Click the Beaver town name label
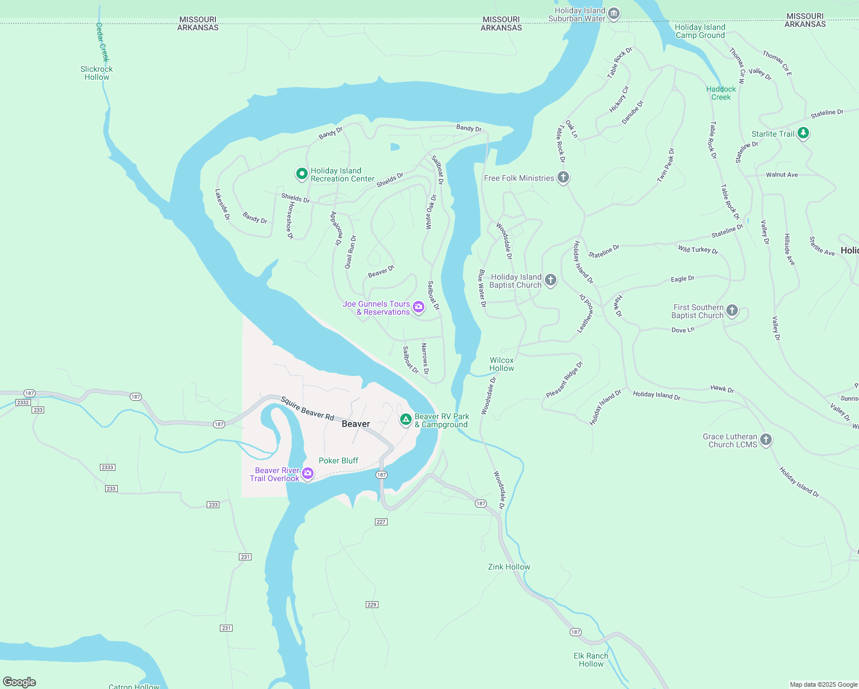pos(355,424)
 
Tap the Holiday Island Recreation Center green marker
pos(301,173)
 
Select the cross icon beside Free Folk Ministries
pos(563,177)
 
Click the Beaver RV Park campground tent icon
pos(406,420)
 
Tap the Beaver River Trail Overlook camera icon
pos(308,474)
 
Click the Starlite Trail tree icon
pos(803,133)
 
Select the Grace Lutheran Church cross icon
pos(765,440)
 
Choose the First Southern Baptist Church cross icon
pos(732,311)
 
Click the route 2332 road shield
pos(23,402)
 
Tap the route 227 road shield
pos(381,522)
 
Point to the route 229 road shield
pos(372,605)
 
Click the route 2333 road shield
pos(107,467)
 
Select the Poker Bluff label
pos(338,460)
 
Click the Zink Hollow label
pos(509,567)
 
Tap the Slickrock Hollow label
pos(96,73)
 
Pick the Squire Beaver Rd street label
pos(307,408)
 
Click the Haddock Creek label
pos(721,93)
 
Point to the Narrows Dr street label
pos(425,359)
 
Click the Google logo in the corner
pos(20,682)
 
